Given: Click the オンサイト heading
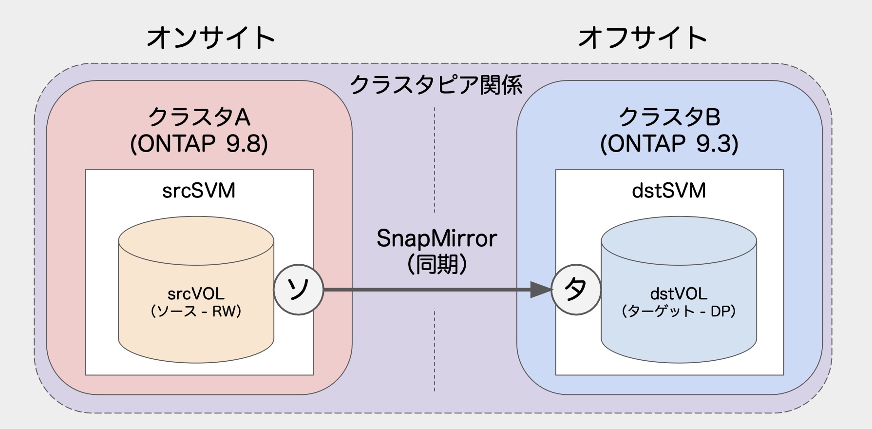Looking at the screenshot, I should tap(210, 38).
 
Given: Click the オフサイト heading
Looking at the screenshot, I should tap(642, 38).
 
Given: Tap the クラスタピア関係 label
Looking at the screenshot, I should tap(436, 85).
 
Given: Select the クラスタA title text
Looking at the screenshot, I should tap(199, 117).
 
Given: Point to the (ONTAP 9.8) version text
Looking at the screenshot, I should tap(199, 144).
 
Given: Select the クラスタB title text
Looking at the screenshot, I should tap(669, 117).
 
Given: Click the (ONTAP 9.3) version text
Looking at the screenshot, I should tap(669, 144).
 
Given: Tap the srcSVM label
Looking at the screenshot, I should tap(199, 191).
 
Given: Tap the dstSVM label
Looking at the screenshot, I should tap(669, 191).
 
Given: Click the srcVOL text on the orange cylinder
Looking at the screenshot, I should tap(196, 293).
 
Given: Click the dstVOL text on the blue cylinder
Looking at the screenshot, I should tap(678, 293).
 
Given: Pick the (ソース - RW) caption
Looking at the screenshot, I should tap(196, 311).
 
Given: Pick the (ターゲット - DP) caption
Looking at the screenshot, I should tap(678, 311).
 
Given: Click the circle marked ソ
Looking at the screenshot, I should tap(298, 290).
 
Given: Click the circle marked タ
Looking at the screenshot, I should tap(576, 290).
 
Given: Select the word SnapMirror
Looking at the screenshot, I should tap(436, 238).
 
